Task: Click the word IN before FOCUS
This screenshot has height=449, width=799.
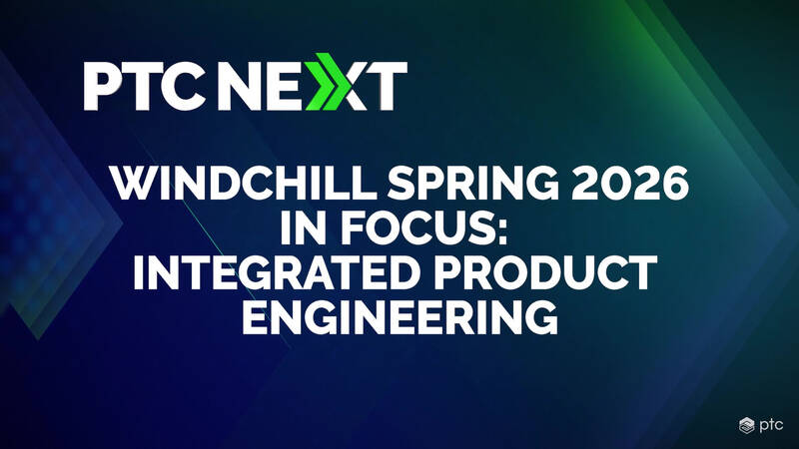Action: [x=303, y=227]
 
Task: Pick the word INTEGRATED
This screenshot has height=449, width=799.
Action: [x=277, y=272]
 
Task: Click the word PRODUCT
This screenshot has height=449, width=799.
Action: [x=545, y=272]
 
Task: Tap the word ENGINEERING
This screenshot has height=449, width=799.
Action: [x=399, y=316]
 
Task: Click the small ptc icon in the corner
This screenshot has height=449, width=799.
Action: [x=746, y=425]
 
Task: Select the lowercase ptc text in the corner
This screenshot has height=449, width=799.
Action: [x=770, y=426]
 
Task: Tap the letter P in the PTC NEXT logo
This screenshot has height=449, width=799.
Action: [x=103, y=86]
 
